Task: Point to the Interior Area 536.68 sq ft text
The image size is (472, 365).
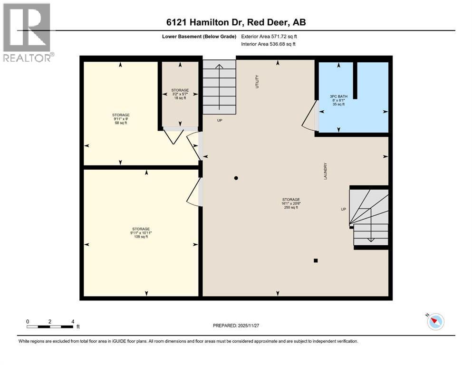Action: (269, 44)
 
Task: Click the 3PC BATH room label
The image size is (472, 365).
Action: (338, 100)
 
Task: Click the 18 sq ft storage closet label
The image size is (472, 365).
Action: (180, 94)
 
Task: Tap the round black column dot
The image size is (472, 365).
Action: (236, 178)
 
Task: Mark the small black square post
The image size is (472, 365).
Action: (315, 260)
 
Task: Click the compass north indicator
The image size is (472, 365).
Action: (434, 322)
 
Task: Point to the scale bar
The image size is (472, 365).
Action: (50, 327)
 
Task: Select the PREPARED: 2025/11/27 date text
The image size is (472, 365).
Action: (236, 326)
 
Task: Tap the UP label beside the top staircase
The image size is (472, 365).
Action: (220, 120)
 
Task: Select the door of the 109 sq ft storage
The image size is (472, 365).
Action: (194, 189)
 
